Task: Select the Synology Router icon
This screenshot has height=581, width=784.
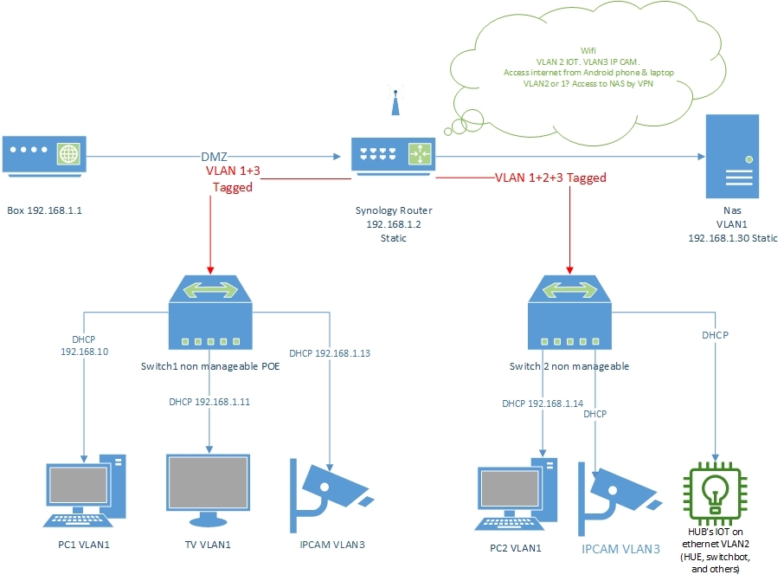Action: click(394, 155)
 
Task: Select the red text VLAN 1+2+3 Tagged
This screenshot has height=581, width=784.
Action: click(549, 178)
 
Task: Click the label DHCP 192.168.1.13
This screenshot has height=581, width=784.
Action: click(330, 353)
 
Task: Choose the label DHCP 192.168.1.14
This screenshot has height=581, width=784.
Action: click(543, 403)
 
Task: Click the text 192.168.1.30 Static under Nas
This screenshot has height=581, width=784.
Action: click(732, 237)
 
